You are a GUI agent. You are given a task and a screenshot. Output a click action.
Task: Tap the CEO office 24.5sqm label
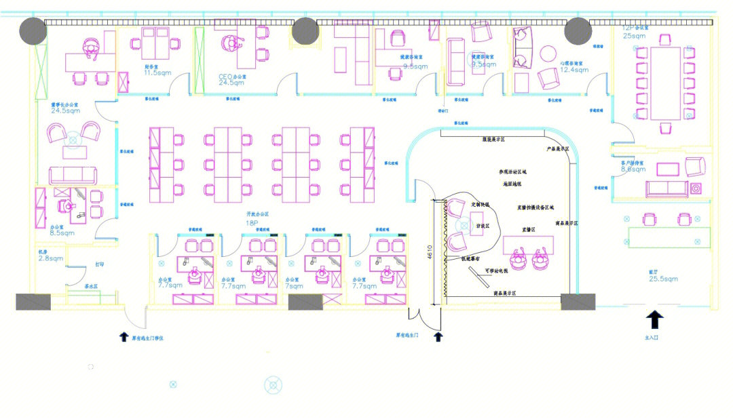click(232, 82)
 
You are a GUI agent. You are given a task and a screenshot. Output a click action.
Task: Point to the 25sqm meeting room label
click(635, 35)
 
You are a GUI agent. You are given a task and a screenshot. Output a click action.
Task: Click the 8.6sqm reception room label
click(634, 169)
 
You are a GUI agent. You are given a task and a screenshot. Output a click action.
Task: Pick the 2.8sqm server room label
click(51, 258)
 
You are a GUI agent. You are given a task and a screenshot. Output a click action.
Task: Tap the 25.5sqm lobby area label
click(663, 279)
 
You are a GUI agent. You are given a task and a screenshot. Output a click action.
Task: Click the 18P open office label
click(252, 222)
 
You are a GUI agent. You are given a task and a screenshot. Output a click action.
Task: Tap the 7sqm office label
click(293, 285)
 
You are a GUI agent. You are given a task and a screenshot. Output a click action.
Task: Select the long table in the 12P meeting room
click(665, 83)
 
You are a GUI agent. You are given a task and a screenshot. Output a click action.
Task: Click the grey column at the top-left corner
click(32, 30)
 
